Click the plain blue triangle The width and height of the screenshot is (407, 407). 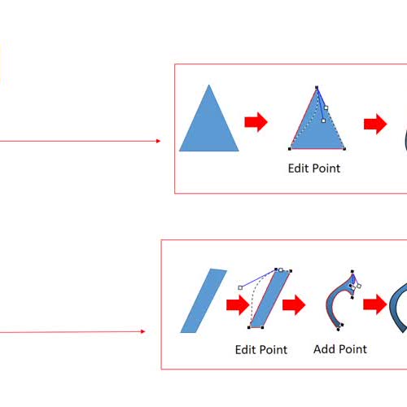209,125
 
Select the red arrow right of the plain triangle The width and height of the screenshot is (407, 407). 256,122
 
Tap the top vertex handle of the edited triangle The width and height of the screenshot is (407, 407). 317,87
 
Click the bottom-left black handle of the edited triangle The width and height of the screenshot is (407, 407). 290,149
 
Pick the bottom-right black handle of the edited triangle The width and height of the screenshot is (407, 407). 344,149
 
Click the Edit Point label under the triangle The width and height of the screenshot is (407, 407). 314,168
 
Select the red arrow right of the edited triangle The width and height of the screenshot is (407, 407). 375,124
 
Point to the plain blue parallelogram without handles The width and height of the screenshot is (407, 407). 203,300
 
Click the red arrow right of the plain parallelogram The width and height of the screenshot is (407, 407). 238,305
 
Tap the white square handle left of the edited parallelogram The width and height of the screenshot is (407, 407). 240,287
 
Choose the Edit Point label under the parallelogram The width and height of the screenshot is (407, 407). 261,350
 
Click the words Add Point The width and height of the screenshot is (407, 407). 340,349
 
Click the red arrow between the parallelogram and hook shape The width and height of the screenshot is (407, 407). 294,305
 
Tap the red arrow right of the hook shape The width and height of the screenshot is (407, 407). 374,304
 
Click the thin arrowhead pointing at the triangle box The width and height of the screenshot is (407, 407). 159,141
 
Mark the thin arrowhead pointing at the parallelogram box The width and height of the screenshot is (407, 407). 143,331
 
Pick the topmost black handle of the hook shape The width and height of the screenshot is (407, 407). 352,271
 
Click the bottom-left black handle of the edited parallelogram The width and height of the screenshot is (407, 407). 249,327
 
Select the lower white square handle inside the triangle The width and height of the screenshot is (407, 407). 323,120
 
